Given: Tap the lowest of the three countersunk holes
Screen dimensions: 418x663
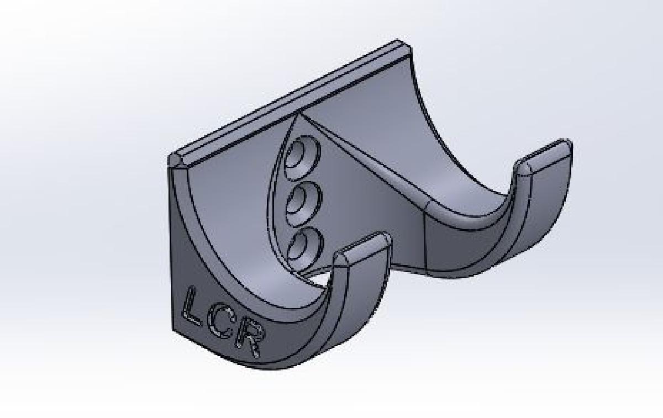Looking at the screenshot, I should coord(303,246).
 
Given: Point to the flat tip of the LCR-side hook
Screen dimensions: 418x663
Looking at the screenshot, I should coord(362,246).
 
